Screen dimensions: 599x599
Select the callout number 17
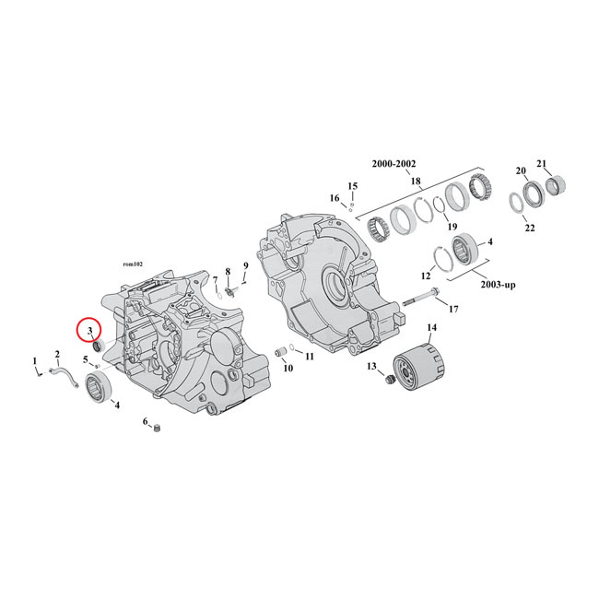453,309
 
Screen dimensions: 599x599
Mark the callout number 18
417,181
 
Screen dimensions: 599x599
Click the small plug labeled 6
158,428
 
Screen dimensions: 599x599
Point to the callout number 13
372,367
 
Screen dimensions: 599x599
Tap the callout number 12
427,276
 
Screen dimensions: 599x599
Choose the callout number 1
35,360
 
